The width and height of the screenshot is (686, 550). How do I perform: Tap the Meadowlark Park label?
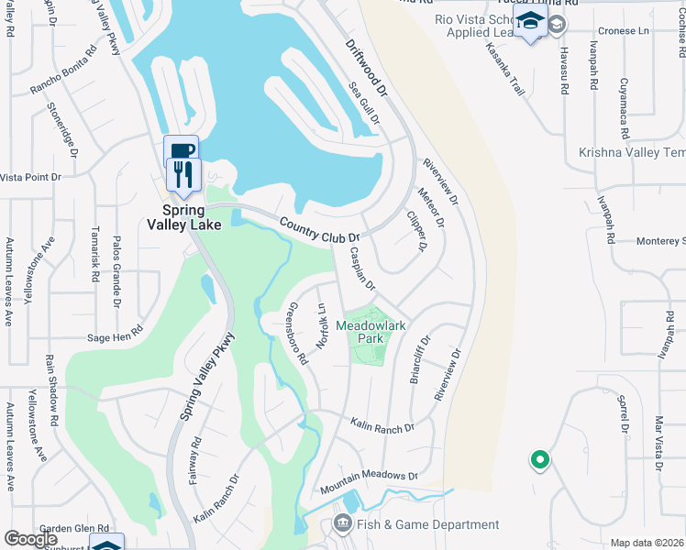pyautogui.click(x=371, y=331)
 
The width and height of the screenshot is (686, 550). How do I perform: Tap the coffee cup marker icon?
pyautogui.click(x=182, y=152)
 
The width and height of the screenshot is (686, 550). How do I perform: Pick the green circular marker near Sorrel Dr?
pyautogui.click(x=539, y=460)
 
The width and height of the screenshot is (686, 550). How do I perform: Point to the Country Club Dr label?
pyautogui.click(x=319, y=230)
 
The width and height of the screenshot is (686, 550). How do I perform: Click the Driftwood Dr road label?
pyautogui.click(x=368, y=68)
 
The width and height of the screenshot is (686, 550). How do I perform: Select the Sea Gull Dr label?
pyautogui.click(x=365, y=104)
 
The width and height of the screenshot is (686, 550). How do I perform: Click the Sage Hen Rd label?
pyautogui.click(x=115, y=335)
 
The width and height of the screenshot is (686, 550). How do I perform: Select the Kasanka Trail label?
pyautogui.click(x=504, y=70)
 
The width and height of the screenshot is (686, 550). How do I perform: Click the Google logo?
pyautogui.click(x=30, y=539)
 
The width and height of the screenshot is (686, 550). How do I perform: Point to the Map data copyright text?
pyautogui.click(x=646, y=543)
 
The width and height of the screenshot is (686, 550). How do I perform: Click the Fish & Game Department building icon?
pyautogui.click(x=343, y=524)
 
